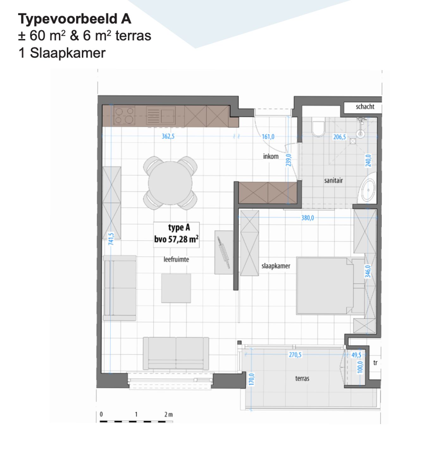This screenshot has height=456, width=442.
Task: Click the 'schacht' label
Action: pos(365,107)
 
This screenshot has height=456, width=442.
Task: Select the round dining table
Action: pos(170,183)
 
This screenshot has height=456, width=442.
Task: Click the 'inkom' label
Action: pos(271,156)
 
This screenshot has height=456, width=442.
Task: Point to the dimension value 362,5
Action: pos(168,136)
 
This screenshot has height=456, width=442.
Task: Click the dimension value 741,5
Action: pos(111,239)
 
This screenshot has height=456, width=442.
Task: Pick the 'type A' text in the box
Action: pos(179,228)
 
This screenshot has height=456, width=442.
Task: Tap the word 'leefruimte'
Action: pos(176,259)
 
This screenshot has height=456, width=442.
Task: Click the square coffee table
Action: pos(176,288)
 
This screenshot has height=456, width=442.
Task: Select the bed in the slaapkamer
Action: pos(325,286)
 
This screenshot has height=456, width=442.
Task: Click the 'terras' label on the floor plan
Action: pos(302,378)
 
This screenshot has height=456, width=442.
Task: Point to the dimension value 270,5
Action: pos(295,355)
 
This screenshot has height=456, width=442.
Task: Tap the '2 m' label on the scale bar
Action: pos(169,414)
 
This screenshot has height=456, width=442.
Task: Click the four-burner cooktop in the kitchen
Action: pos(124,116)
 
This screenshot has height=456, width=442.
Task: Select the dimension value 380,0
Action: pos(308,218)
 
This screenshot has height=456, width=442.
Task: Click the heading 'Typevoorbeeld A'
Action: pos(75,19)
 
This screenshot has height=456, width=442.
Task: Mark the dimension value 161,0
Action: pos(268,137)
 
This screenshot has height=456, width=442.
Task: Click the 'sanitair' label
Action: pos(333,180)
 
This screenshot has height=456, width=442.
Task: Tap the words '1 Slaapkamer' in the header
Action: pos(62,53)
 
